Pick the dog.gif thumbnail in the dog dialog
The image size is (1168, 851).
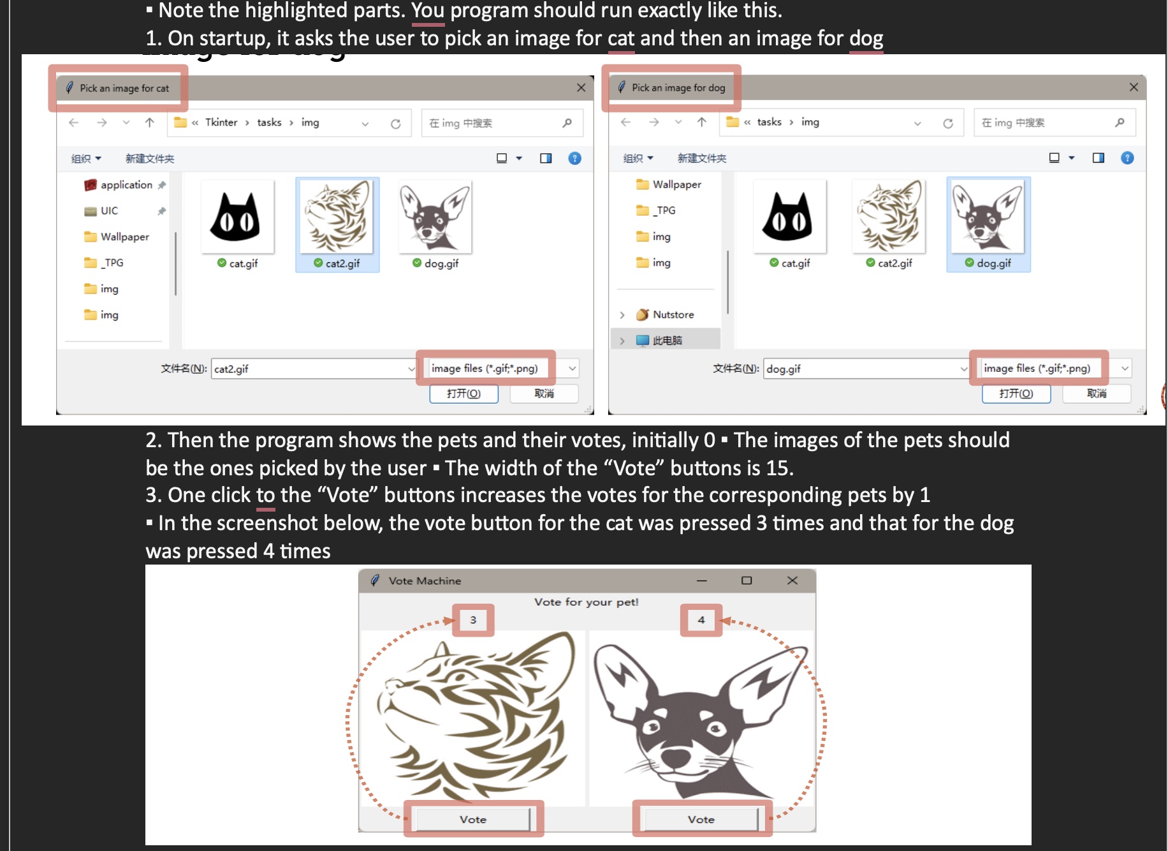[988, 217]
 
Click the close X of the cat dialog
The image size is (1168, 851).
[581, 88]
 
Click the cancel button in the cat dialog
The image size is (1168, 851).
[544, 394]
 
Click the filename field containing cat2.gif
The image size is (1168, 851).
[309, 369]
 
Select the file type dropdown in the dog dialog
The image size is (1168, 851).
[1052, 368]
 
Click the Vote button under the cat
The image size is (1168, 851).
[473, 819]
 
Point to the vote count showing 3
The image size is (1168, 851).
[473, 619]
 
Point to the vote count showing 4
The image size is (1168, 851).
[701, 619]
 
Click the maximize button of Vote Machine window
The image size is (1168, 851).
[747, 581]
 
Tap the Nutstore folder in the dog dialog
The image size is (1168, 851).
[673, 314]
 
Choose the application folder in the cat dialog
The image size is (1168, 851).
[126, 185]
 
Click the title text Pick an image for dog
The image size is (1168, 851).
[678, 88]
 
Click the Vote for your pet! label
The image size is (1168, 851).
[586, 602]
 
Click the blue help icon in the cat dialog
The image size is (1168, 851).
[574, 158]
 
